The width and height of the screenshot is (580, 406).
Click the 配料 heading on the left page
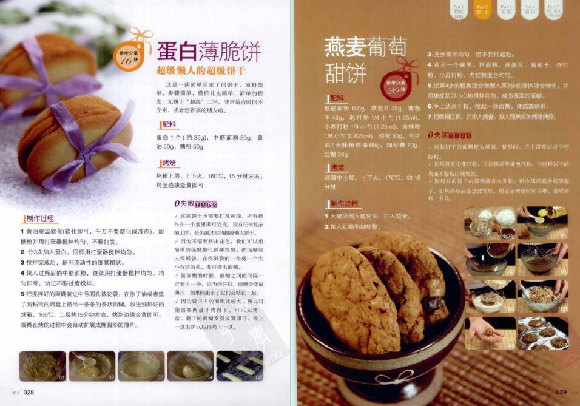[168, 124]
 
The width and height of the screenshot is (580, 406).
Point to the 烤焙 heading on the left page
[168, 163]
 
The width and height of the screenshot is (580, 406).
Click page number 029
[561, 393]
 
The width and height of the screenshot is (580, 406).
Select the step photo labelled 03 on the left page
[141, 366]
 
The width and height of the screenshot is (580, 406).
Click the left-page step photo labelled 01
[42, 366]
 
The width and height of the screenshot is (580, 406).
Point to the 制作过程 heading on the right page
[343, 203]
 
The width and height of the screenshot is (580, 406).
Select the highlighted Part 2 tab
[483, 8]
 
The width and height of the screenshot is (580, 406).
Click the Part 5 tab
[553, 8]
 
